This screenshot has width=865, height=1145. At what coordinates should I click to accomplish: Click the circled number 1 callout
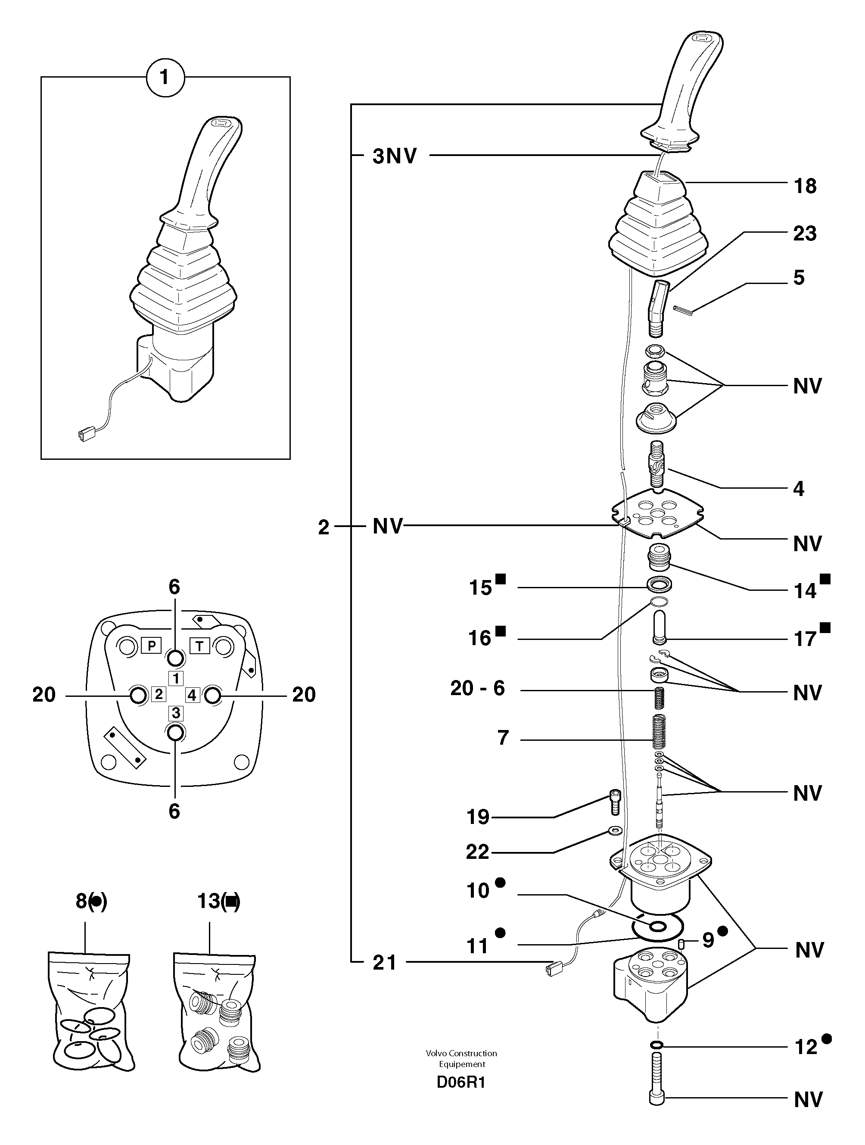(165, 78)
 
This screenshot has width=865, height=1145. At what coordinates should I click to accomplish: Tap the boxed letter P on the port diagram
(151, 646)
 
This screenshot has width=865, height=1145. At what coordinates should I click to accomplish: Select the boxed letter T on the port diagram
(200, 646)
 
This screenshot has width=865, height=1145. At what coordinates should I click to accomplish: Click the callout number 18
(805, 186)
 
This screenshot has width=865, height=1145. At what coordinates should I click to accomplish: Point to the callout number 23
(805, 234)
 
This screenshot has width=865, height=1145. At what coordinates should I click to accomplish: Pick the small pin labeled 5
(683, 309)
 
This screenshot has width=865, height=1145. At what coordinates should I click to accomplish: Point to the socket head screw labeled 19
(615, 803)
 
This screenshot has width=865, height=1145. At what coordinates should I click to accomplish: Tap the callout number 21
(384, 963)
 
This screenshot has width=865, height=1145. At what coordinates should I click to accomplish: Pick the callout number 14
(805, 591)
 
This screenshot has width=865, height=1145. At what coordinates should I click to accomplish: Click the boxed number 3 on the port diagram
(176, 713)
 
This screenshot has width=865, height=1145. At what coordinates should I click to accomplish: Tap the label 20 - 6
(477, 689)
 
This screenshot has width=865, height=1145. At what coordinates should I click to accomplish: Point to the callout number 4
(799, 489)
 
